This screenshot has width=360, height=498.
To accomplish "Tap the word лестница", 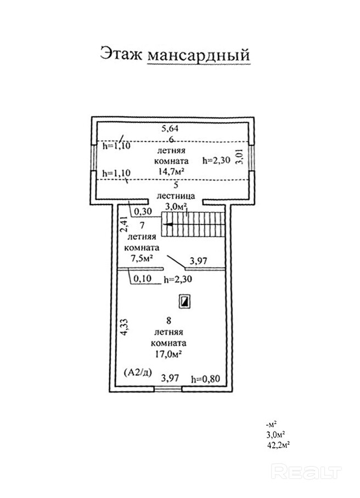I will click(x=172, y=195).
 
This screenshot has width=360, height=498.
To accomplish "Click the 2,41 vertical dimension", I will click(x=124, y=225).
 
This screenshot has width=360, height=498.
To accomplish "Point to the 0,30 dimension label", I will click(x=143, y=211).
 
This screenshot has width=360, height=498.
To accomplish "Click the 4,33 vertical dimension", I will click(x=125, y=327).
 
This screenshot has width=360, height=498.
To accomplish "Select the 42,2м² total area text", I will click(x=278, y=445).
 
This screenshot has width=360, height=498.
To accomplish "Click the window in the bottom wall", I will click(x=168, y=389).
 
